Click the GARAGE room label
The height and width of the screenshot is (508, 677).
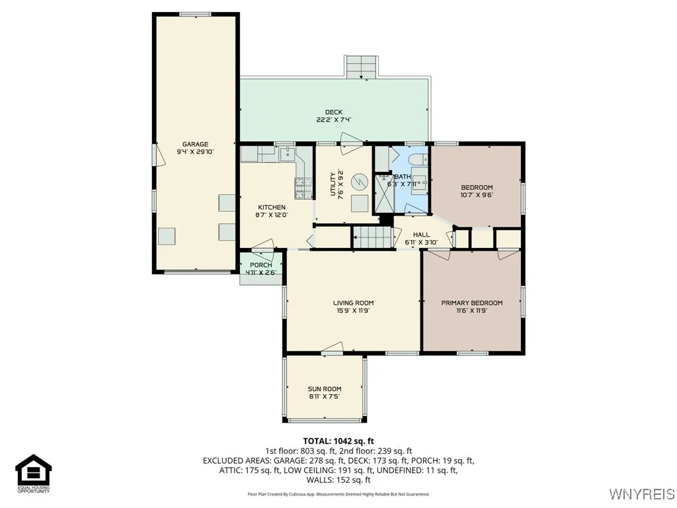point(195,144)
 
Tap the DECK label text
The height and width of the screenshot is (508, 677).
point(333,112)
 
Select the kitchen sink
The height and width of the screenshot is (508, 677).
point(286,155)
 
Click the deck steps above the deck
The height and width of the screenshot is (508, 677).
point(362,66)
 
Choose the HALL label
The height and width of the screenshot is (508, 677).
point(421,235)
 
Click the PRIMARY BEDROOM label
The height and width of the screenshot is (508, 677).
point(472,303)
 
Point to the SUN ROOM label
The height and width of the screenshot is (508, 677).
point(324,389)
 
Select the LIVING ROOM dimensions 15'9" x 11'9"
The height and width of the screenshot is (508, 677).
point(353,310)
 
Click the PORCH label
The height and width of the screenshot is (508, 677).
point(261,265)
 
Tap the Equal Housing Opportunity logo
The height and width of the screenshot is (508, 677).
point(34,474)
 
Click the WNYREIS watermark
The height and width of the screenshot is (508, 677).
point(641,494)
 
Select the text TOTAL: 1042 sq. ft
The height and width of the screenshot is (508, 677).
point(338,441)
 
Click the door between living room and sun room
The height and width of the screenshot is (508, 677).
point(333,349)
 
